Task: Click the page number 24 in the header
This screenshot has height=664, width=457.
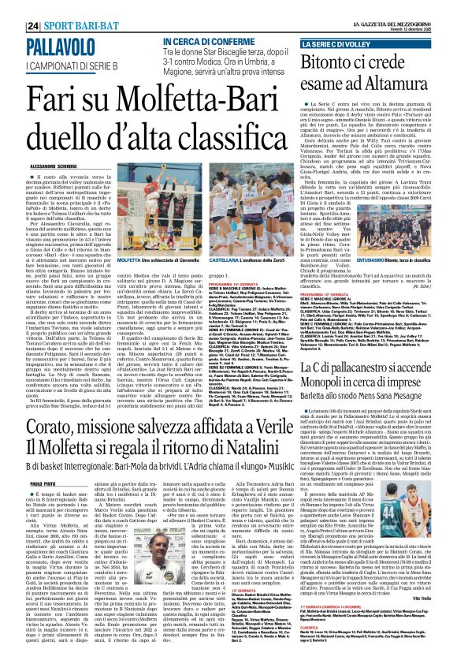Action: coord(10,26)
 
